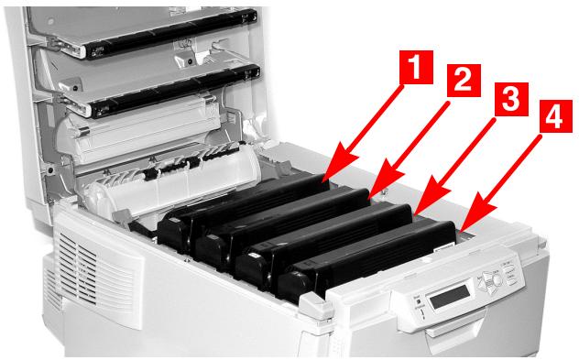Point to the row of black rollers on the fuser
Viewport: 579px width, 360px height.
pyautogui.click(x=174, y=165)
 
